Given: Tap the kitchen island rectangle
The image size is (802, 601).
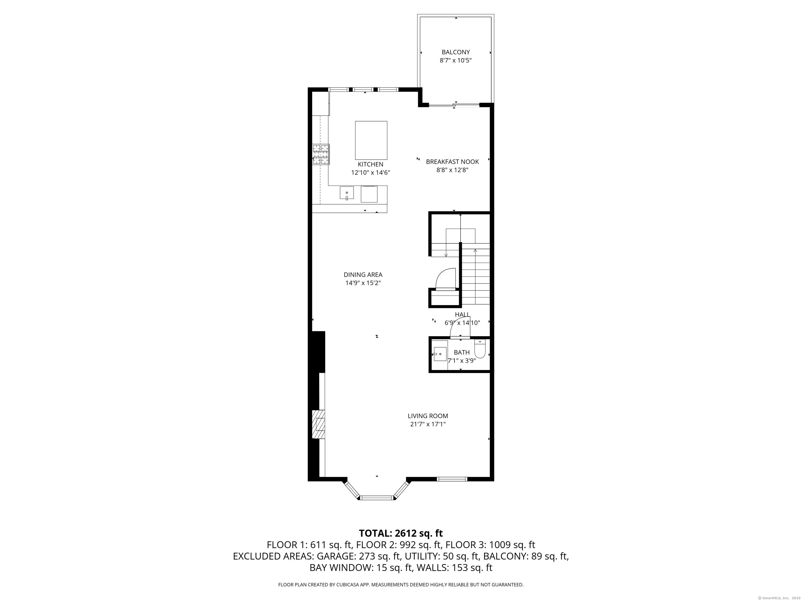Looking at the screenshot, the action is pos(371,140).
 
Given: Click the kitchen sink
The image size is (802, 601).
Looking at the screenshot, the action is pos(347,192).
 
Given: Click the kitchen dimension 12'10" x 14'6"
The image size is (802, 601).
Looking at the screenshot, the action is pos(370,173).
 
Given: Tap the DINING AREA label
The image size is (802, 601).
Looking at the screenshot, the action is pos(363,275).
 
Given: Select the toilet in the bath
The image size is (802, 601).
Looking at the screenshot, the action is pos(480,348).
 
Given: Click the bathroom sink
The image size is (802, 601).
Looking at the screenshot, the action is pos(440,353).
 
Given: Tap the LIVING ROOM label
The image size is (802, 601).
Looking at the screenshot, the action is pos(428,416).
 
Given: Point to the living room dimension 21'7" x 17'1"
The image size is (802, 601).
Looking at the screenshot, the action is pos(428,424).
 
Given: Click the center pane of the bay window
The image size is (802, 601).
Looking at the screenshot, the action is pos(377,498).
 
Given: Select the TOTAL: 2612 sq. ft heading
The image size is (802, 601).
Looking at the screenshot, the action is pos(401,533).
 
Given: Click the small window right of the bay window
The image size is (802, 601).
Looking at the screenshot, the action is pos(452,479).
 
